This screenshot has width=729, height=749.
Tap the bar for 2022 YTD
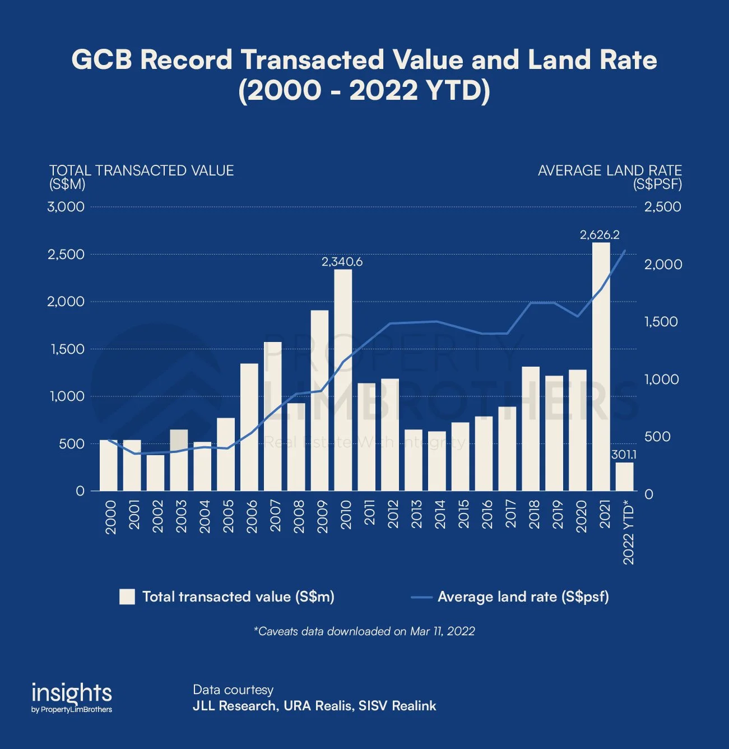(624, 477)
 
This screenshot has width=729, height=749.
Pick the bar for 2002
(156, 473)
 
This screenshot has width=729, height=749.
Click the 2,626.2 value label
(600, 235)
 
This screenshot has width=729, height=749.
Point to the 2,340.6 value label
(342, 262)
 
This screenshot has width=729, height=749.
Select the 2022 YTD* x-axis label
(629, 534)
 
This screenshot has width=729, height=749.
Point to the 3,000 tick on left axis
(66, 207)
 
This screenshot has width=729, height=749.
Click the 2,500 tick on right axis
(663, 207)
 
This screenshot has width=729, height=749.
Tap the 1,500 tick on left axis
(66, 349)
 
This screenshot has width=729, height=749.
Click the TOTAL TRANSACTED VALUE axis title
(141, 170)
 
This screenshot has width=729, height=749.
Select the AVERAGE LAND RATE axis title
(610, 170)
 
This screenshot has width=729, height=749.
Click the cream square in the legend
(127, 597)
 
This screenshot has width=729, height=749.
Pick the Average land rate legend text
(523, 597)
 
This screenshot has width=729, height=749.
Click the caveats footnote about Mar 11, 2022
(364, 631)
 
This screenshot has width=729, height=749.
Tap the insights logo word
(72, 692)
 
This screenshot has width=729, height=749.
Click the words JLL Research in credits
(234, 706)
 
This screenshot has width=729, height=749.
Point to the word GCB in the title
(101, 60)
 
